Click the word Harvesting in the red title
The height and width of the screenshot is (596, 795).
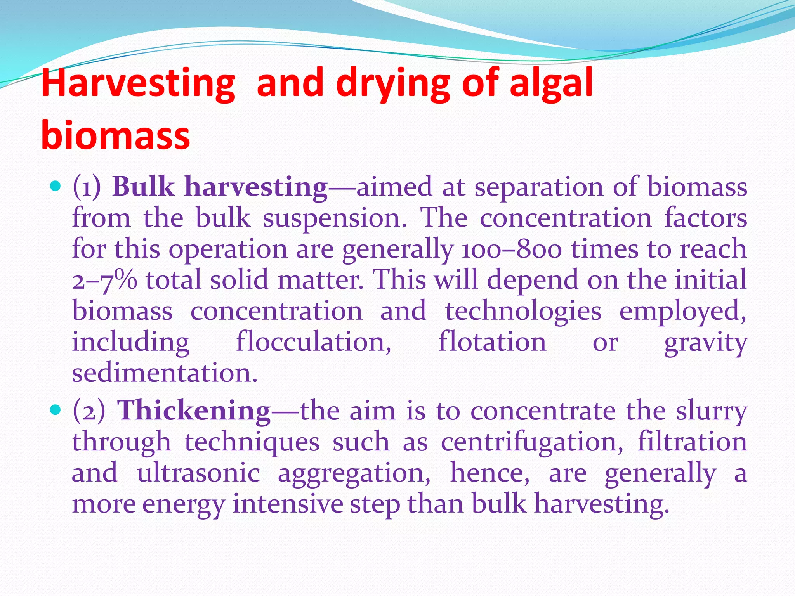[x=138, y=83]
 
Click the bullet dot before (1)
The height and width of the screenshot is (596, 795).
[x=56, y=187]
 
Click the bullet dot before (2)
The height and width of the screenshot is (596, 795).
[x=56, y=410]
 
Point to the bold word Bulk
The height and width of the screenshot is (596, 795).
[x=143, y=187]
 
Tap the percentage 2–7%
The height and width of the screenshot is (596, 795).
[x=104, y=280]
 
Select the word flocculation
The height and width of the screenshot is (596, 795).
[x=314, y=342]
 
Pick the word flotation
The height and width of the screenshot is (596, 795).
[x=492, y=342]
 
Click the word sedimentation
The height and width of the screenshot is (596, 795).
[x=165, y=373]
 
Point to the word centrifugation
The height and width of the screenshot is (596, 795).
[x=532, y=442]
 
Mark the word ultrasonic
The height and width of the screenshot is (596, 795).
[x=198, y=473]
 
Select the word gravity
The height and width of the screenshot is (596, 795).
[x=705, y=342]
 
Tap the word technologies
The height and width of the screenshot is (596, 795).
[x=523, y=311]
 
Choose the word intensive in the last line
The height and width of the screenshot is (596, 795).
[x=288, y=504]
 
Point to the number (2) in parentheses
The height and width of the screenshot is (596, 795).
[x=89, y=410]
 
